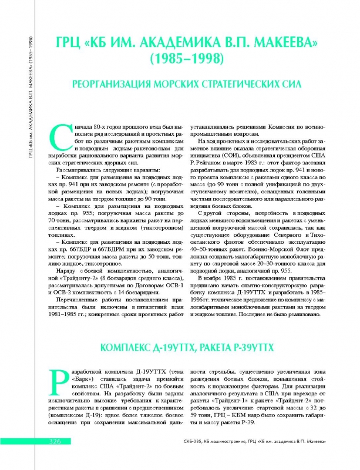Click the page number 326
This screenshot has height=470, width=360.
[x=48, y=458]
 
